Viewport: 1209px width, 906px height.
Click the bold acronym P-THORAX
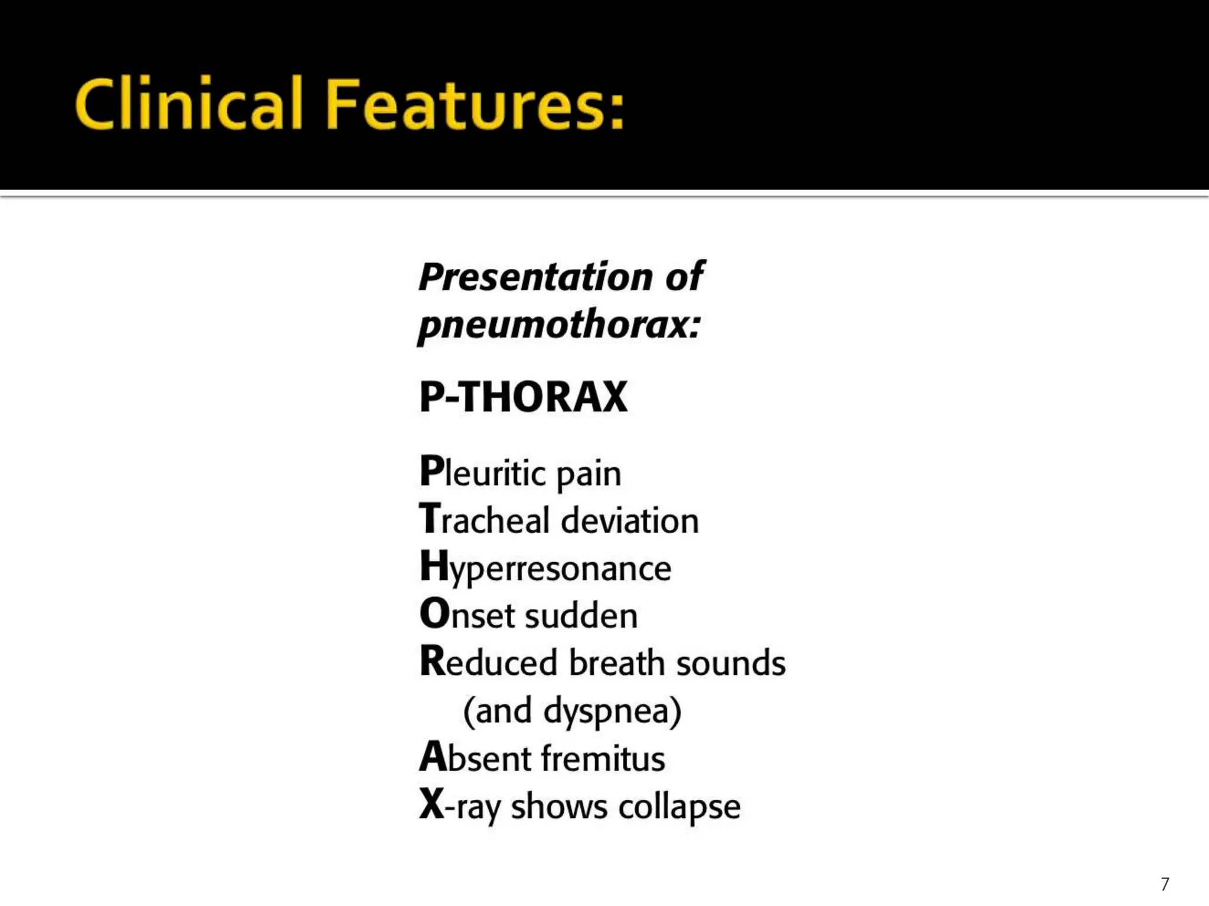tap(523, 396)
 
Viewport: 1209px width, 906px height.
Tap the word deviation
tap(630, 520)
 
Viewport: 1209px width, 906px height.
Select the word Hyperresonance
tap(545, 568)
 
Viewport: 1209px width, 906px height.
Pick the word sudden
tap(581, 615)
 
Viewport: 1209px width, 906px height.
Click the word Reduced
tap(488, 662)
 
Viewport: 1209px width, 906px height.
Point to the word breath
tap(617, 662)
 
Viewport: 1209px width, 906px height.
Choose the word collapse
tap(679, 806)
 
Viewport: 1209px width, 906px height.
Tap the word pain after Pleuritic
tap(589, 474)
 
